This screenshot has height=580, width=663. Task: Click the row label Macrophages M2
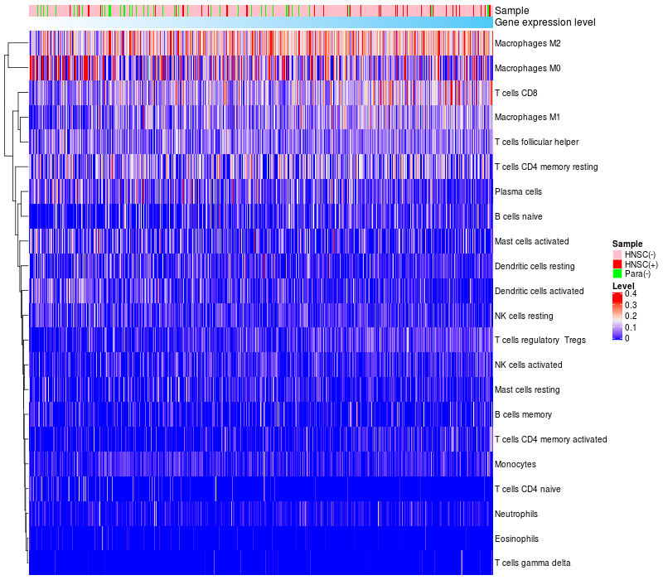(x=526, y=43)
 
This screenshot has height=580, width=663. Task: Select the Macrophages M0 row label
(x=526, y=68)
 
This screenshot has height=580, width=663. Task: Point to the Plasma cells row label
(x=518, y=191)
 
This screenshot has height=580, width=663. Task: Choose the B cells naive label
(x=517, y=216)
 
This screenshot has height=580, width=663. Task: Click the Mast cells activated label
(x=531, y=241)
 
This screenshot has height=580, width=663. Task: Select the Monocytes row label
(x=515, y=464)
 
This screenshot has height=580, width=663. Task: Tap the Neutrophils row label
(x=516, y=514)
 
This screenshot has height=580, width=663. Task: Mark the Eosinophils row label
(x=516, y=539)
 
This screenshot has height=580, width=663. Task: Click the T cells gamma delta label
(x=532, y=563)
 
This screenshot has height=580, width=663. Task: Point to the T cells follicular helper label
(x=536, y=142)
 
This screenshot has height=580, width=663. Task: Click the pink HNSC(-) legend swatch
(x=617, y=254)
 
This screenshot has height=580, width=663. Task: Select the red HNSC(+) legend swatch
(x=617, y=263)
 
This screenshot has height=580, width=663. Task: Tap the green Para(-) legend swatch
(x=617, y=273)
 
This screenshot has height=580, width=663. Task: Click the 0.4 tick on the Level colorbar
(x=631, y=294)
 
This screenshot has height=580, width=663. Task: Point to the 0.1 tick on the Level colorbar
(x=631, y=327)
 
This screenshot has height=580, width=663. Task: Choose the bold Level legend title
(x=622, y=285)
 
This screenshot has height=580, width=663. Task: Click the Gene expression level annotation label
(x=544, y=22)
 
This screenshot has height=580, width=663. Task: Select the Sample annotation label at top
(x=511, y=11)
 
